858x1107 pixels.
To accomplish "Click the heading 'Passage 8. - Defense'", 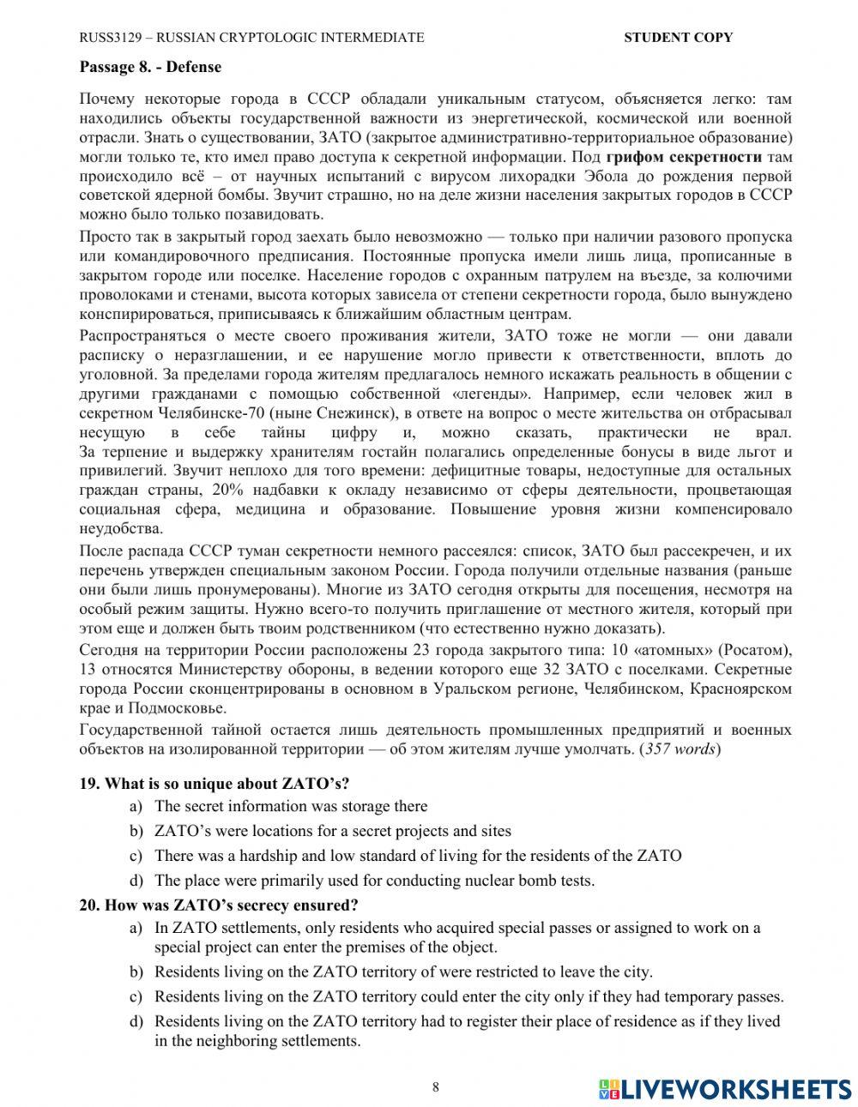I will [x=150, y=67].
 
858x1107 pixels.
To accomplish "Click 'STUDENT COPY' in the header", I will [x=678, y=37].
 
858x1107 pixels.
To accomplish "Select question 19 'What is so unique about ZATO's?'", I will [x=227, y=783].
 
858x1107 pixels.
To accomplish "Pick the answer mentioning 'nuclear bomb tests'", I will [x=374, y=881].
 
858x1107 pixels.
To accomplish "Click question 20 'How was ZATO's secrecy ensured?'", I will [x=230, y=905].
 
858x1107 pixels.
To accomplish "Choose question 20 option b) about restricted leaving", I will [x=403, y=972].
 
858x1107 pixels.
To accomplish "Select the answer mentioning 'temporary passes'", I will [x=468, y=996].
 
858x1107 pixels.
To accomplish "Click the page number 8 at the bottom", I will [x=435, y=1087].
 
